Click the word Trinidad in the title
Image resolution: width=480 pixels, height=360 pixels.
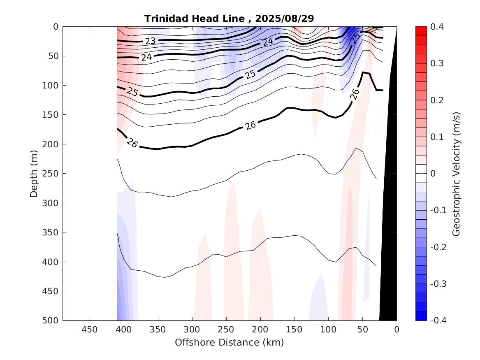[x=164, y=19]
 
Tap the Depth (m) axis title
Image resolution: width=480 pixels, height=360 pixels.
[x=34, y=174]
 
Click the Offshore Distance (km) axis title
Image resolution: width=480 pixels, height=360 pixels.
[x=229, y=342]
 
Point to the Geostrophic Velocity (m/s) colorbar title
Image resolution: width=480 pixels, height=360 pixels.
[x=456, y=174]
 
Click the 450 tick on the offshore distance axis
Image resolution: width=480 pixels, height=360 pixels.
[x=90, y=329]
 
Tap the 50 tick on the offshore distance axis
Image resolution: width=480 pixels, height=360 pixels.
[x=363, y=329]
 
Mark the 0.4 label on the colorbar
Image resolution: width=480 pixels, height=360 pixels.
[x=437, y=27]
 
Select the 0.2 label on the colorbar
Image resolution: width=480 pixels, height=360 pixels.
[x=437, y=100]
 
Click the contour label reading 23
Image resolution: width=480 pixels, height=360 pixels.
[x=150, y=41]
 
